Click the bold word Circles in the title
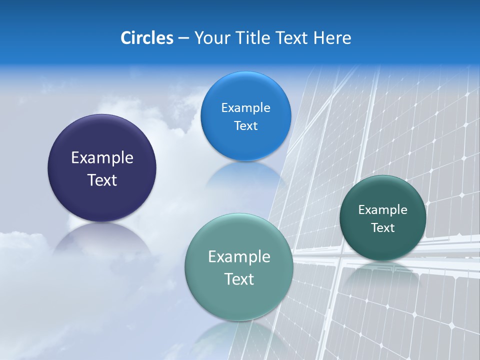pos(147,38)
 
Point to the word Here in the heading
pos(332,38)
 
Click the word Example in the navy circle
pos(102,158)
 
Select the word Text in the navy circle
pos(102,180)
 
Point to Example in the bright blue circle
pos(246,108)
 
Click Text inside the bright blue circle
pos(246,126)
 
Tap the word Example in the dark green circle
pos(383,210)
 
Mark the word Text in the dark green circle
pos(383,228)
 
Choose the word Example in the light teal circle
pos(239,257)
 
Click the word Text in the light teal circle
pos(239,279)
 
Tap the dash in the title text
pos(183,38)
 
